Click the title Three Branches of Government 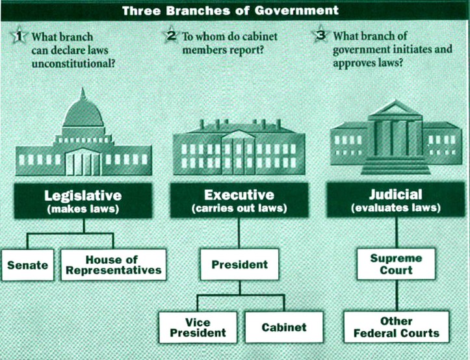coord(235,10)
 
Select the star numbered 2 coord(172,35)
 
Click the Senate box coord(27,265)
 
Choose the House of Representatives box coord(112,264)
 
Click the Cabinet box coord(283,327)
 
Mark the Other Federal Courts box coord(397,328)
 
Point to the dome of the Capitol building coord(83,114)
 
